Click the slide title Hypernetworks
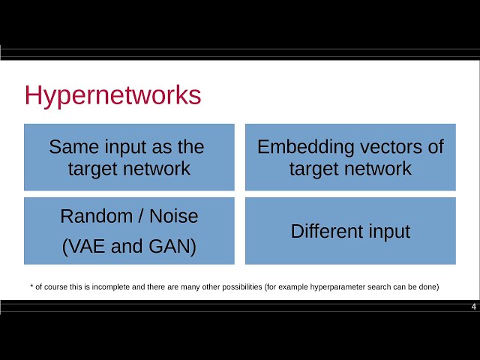(113, 96)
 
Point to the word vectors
(379, 146)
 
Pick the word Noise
(173, 217)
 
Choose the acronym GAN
(169, 247)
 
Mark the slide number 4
(474, 307)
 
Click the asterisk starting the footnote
(31, 286)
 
